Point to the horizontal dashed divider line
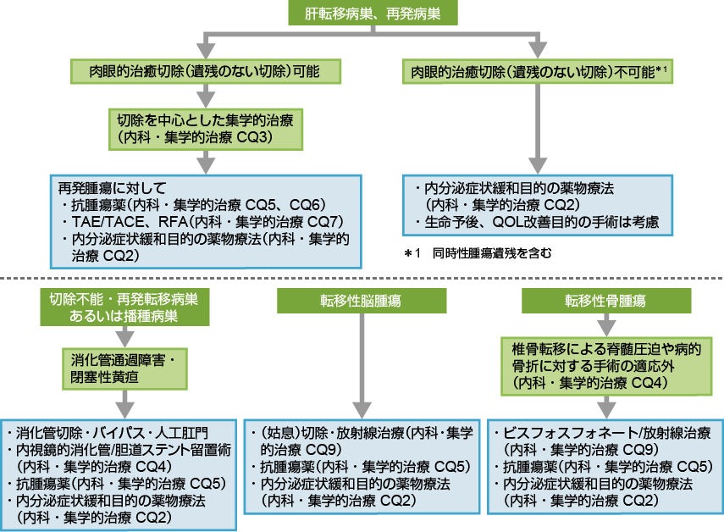coord(362,278)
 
